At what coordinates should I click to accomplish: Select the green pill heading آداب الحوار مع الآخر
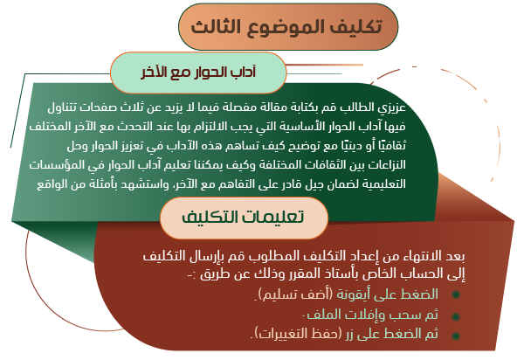(x=198, y=73)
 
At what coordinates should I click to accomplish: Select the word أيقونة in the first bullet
(x=353, y=294)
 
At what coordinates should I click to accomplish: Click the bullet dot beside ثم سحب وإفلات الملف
(x=456, y=316)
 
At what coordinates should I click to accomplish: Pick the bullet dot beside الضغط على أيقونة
(x=456, y=294)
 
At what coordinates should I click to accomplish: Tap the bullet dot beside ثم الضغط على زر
(x=456, y=336)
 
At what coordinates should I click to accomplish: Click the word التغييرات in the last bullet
(x=283, y=334)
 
